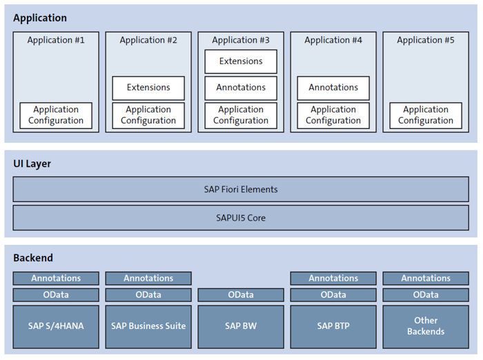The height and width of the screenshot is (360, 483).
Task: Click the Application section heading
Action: (x=40, y=18)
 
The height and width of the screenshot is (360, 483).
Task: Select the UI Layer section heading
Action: (x=32, y=164)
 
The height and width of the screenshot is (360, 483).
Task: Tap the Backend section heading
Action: (x=33, y=258)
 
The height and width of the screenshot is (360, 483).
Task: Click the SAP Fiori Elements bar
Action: (x=241, y=189)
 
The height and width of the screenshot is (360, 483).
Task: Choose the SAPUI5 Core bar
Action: (x=241, y=218)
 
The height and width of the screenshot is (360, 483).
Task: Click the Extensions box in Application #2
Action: (x=148, y=88)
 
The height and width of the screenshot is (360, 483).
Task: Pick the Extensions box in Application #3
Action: (x=241, y=61)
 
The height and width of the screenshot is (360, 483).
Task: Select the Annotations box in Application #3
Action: (x=241, y=88)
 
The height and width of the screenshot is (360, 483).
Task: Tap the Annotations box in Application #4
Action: (x=333, y=88)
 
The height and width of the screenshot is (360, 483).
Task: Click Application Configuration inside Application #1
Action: (x=56, y=115)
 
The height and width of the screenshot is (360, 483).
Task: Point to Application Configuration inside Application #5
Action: (x=426, y=115)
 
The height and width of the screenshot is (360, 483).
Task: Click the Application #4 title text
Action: (x=333, y=40)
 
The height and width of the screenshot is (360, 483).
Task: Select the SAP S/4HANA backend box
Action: (x=56, y=326)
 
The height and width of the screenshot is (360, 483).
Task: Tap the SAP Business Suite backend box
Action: (x=148, y=326)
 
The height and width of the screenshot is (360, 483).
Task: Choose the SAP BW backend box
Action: (x=241, y=326)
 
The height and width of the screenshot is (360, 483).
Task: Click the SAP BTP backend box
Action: (x=333, y=326)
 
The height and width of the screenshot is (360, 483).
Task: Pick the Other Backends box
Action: (x=426, y=326)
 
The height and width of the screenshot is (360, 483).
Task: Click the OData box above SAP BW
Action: (x=241, y=294)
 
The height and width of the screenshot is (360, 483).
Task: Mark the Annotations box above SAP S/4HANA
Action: (x=56, y=278)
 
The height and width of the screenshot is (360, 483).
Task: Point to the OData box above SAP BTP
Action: (x=333, y=294)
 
